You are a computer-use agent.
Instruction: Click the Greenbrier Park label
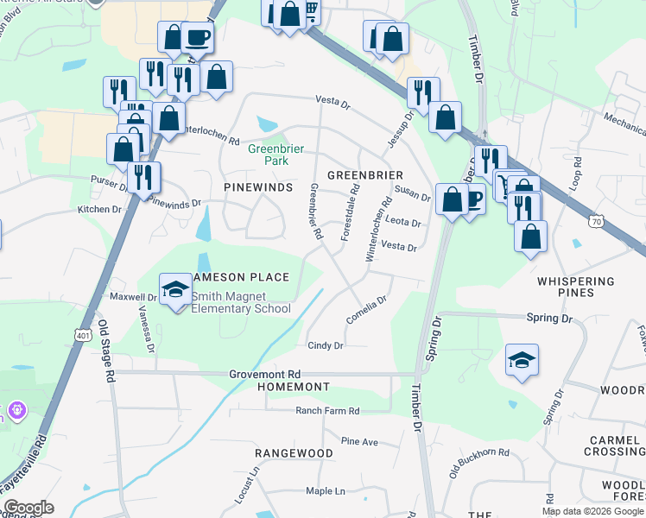pos(275,155)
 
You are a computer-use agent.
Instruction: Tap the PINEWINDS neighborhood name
pos(258,186)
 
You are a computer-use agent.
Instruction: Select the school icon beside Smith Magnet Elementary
pos(176,290)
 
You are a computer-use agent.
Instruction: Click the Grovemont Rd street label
pos(264,374)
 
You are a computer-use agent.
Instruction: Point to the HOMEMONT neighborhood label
pos(294,386)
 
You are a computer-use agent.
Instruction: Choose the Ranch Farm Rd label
pos(327,411)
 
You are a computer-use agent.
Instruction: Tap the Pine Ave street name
pos(359,441)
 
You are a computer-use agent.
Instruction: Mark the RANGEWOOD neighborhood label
pos(294,452)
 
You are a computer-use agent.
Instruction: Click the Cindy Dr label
pos(326,345)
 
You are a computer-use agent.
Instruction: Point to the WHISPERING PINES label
pos(576,287)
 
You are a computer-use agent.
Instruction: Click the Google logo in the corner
pos(28,508)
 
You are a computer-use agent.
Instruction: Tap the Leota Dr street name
pos(403,223)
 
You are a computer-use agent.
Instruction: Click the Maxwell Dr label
pos(132,297)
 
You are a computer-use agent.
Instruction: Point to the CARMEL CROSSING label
pos(614,445)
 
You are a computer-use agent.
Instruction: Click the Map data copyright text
pos(592,511)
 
